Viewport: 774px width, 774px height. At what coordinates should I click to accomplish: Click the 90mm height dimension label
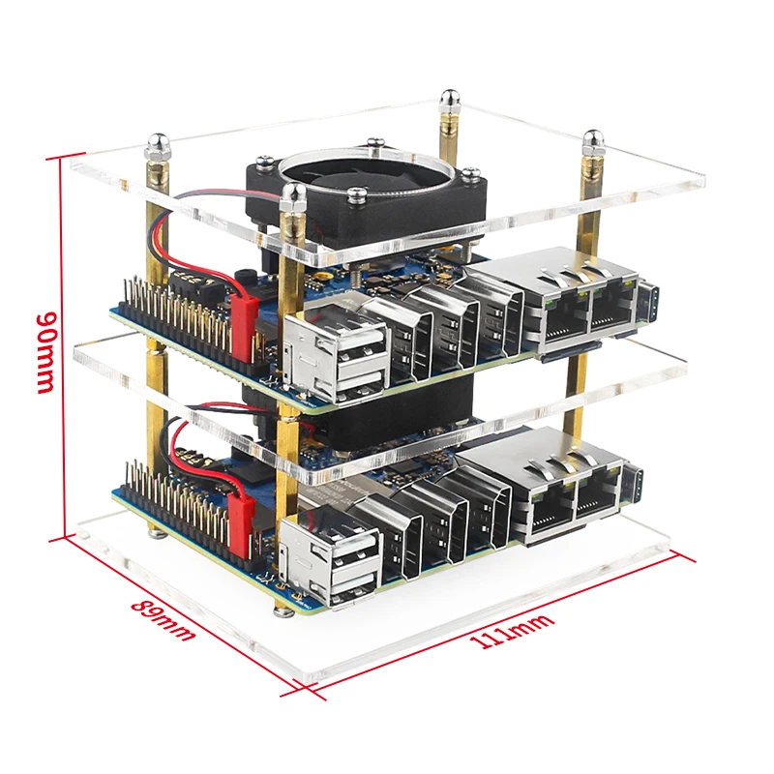(45, 351)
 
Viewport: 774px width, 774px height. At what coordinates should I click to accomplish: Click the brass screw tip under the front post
(283, 609)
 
